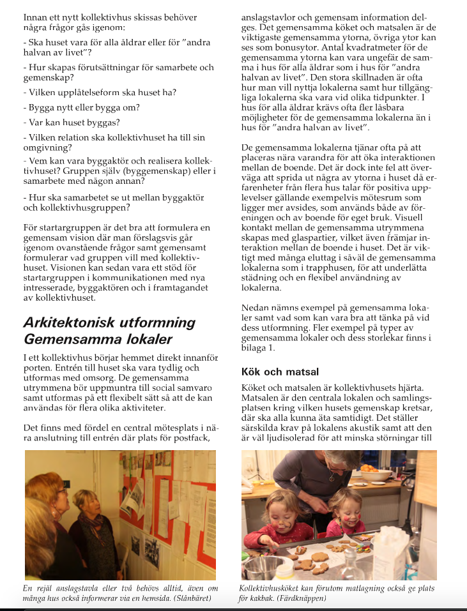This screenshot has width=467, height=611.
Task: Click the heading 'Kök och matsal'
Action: coord(280,372)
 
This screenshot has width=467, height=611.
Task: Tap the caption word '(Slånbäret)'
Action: coord(190,598)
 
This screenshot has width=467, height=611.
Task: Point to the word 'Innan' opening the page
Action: coord(35,17)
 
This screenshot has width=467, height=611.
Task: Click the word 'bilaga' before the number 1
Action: coord(255,347)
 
